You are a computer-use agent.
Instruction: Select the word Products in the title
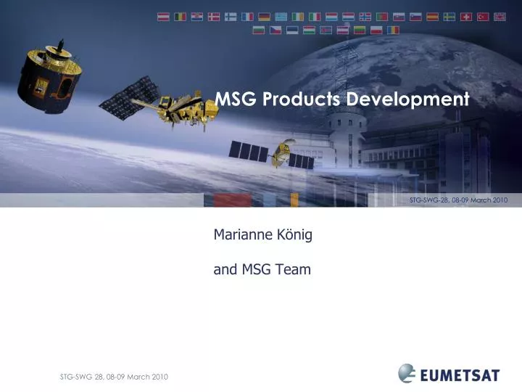[300, 99]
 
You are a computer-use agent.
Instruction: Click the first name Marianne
[241, 234]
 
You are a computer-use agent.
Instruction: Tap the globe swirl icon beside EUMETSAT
[407, 373]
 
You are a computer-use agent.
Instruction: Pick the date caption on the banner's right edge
[458, 200]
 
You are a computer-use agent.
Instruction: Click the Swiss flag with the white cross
[466, 17]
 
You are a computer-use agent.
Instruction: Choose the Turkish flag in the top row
[483, 17]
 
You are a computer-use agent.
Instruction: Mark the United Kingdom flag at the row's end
[500, 17]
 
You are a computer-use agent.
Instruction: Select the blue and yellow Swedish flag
[449, 17]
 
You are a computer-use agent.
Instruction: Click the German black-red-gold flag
[265, 17]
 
